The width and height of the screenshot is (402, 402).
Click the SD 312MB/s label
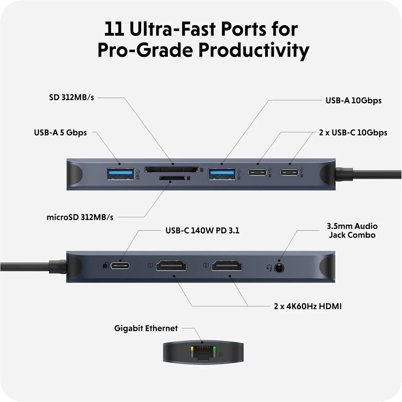pos(72,97)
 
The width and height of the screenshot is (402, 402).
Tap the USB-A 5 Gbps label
pos(60,133)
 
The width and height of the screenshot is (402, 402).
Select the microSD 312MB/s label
pos(80,217)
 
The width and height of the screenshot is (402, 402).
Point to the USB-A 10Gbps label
pos(353,100)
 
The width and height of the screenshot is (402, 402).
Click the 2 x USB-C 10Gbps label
pos(353,133)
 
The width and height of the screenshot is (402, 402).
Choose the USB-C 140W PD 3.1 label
pos(202,230)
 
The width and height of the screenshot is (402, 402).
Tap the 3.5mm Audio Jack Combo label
pos(352,230)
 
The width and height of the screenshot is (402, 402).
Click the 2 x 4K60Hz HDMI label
pos(308,306)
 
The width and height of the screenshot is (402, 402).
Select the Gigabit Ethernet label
pos(146,328)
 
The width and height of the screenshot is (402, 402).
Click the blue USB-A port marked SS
pos(120,174)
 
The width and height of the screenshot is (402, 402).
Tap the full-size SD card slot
pos(172,170)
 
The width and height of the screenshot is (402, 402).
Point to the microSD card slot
pos(172,178)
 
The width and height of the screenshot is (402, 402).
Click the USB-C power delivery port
pos(120,266)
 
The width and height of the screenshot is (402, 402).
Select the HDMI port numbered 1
pos(171,266)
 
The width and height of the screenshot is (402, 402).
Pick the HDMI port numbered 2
pos(227,266)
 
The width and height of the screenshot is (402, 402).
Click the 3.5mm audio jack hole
pos(279,268)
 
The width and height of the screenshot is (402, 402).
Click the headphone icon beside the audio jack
pos(269,268)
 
